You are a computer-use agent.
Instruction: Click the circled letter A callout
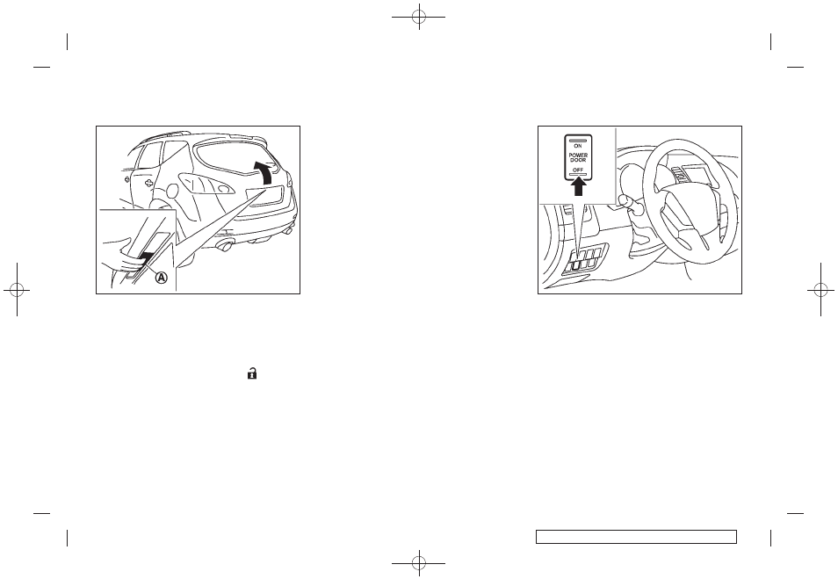162,278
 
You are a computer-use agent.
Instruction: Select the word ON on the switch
578,146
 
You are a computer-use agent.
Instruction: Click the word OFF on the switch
578,170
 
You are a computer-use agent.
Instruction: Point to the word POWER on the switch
578,156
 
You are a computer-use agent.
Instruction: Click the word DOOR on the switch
578,160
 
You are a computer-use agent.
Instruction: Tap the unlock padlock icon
252,373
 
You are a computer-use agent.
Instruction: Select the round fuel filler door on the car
172,191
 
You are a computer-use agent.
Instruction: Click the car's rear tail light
206,184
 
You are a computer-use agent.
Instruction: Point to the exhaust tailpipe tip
225,247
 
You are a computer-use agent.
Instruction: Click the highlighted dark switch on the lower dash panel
576,264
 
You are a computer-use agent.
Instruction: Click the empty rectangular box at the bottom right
637,537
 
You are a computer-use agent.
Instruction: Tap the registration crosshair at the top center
419,17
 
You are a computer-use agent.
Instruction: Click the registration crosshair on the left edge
17,289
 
